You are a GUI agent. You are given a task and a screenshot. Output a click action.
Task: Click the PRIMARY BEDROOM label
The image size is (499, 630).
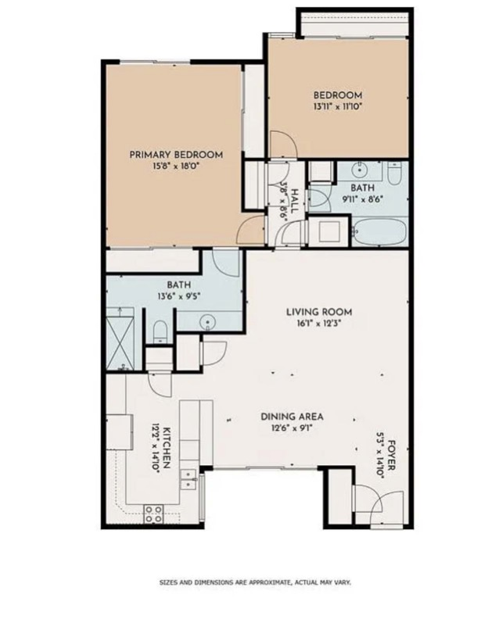tap(176, 155)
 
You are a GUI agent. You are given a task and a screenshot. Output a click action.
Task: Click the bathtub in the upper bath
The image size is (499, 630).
tap(379, 232)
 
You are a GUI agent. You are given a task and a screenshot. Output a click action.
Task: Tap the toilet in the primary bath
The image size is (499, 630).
tap(159, 331)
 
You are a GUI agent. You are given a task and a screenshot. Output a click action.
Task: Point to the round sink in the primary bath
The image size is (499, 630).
tap(208, 320)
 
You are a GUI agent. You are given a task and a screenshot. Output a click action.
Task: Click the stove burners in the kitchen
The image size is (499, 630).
tap(154, 513)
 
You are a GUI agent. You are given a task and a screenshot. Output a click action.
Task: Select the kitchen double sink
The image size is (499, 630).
tap(188, 478)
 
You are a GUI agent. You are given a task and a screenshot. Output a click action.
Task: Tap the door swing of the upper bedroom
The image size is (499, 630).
tap(282, 145)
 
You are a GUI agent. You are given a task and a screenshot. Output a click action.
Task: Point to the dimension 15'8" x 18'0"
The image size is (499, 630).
tap(176, 166)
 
